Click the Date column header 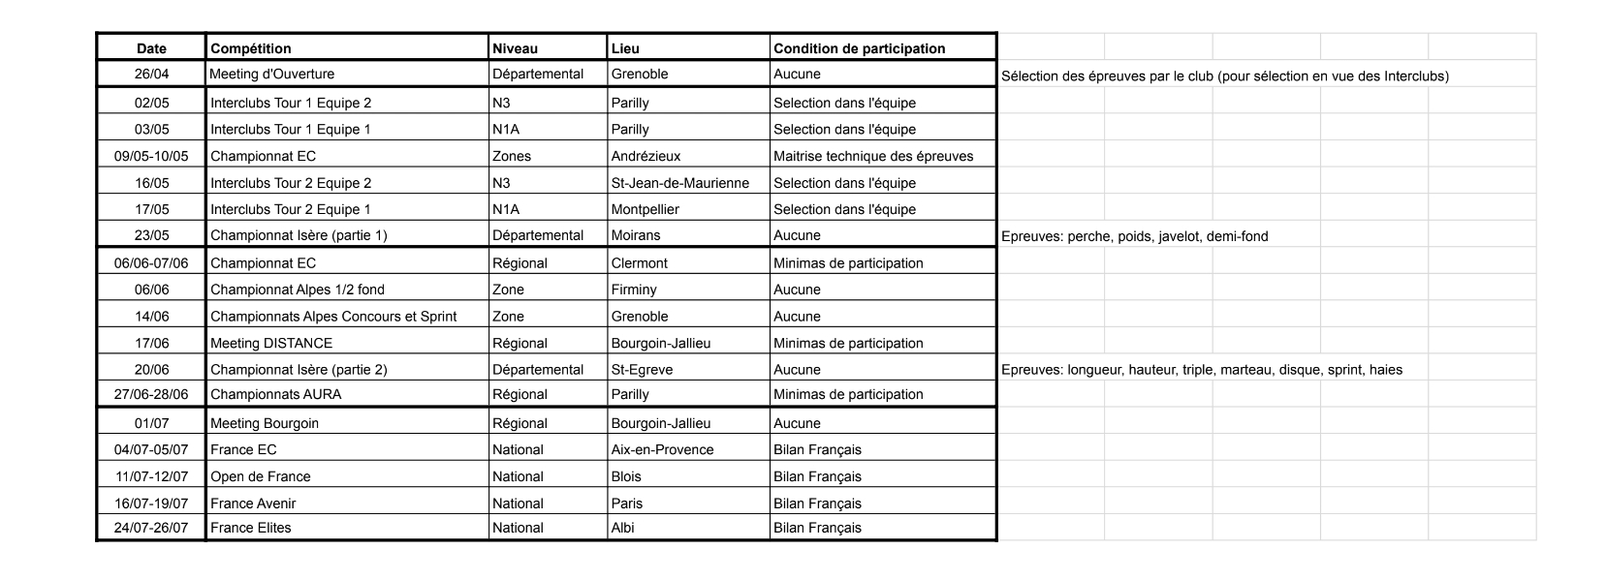151,48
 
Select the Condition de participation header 859,48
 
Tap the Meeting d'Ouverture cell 272,74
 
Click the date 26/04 151,74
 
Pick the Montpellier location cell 645,209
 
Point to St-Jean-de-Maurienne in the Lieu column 679,183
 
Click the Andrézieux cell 646,156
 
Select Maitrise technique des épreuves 872,156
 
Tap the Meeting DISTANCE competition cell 271,343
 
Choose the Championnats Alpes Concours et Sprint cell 333,317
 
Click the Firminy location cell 633,290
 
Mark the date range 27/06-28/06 151,394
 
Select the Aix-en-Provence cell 662,449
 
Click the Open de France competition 261,476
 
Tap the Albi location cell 623,528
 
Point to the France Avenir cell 253,504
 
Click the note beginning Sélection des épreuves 1224,76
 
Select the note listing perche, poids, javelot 1134,236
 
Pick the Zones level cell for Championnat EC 512,156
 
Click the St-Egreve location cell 642,370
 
